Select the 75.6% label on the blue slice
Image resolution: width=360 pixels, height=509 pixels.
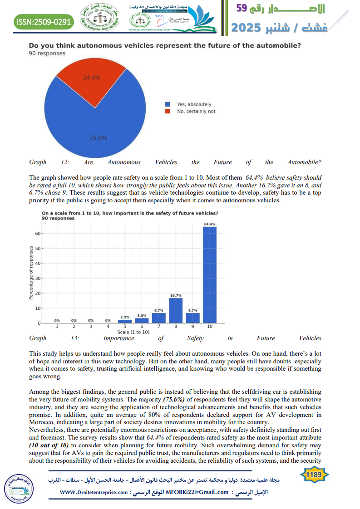pyautogui.click(x=98, y=138)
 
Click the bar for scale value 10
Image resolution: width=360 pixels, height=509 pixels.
pyautogui.click(x=210, y=274)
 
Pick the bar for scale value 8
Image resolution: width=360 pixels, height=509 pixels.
pyautogui.click(x=176, y=310)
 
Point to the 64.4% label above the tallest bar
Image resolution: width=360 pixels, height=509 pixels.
pyautogui.click(x=210, y=224)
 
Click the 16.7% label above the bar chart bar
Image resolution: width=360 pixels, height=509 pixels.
pyautogui.click(x=176, y=295)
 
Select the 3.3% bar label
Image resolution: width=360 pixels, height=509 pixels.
pyautogui.click(x=142, y=315)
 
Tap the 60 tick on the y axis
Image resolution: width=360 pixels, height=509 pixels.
pyautogui.click(x=38, y=234)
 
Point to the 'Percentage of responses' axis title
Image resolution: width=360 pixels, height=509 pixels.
pyautogui.click(x=31, y=272)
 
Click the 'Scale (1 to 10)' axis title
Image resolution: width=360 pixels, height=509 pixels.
pyautogui.click(x=133, y=332)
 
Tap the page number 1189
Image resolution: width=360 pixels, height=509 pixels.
pyautogui.click(x=314, y=475)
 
